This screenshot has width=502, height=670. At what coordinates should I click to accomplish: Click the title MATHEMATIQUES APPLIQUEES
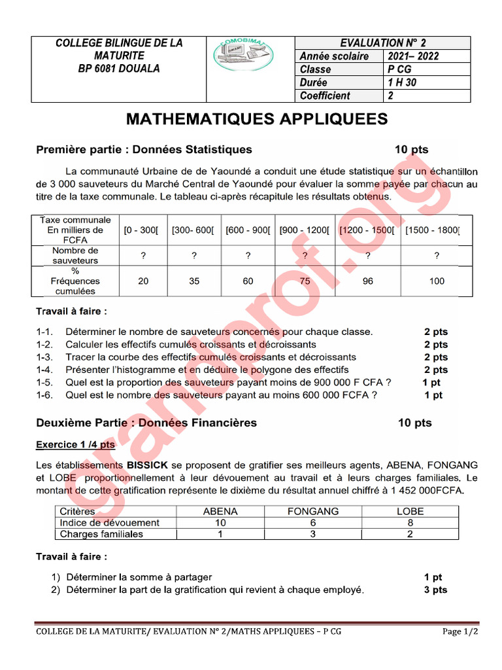(x=256, y=119)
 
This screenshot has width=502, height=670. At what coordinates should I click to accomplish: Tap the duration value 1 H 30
(x=401, y=82)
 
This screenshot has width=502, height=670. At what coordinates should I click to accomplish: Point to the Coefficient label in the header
(x=325, y=96)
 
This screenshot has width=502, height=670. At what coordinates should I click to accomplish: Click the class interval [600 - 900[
(x=248, y=230)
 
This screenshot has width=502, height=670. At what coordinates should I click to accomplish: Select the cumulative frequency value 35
(x=194, y=281)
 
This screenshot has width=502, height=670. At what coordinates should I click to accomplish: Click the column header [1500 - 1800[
(x=432, y=230)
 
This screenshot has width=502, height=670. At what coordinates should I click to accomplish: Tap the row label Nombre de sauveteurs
(x=75, y=256)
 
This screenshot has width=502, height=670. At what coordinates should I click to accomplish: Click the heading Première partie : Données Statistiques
(x=144, y=150)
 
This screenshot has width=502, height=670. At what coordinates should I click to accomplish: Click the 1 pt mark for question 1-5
(x=431, y=383)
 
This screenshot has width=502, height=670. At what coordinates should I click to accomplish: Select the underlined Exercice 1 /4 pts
(x=75, y=445)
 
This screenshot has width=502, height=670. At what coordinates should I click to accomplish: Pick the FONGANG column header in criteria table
(x=313, y=512)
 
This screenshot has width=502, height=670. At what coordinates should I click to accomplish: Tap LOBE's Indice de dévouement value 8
(x=410, y=523)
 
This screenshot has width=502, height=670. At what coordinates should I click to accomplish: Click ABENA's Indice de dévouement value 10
(x=220, y=523)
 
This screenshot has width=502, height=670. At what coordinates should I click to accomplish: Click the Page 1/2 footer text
(x=460, y=632)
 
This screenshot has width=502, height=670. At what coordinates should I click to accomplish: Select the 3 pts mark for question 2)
(x=435, y=590)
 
